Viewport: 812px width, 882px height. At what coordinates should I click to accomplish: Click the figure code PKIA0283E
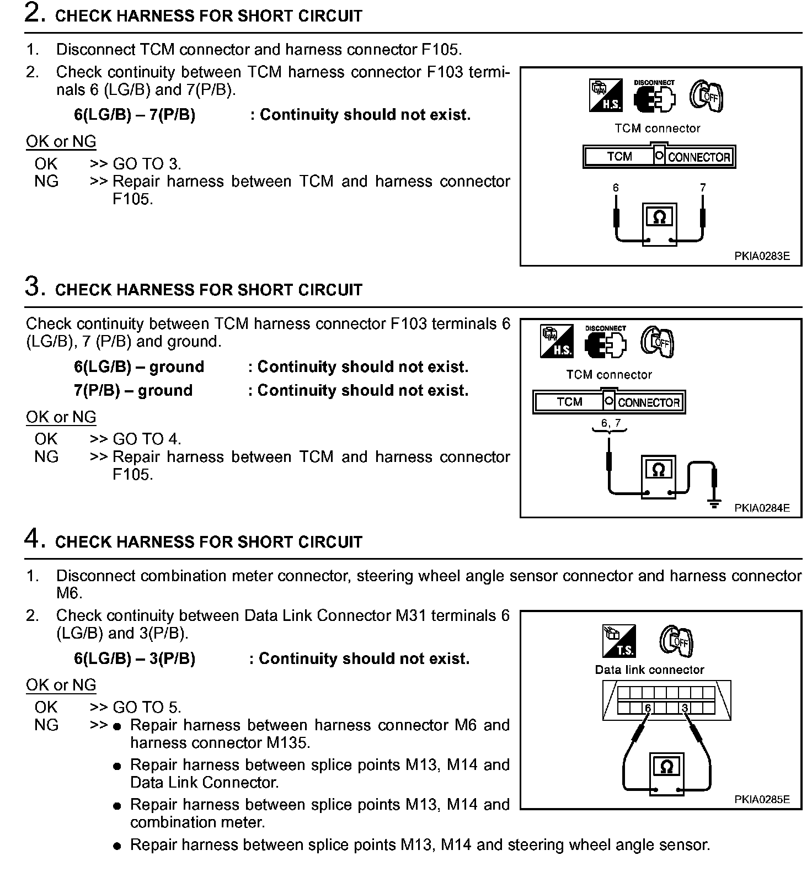[762, 256]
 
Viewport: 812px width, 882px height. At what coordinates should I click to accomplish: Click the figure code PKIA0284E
[762, 508]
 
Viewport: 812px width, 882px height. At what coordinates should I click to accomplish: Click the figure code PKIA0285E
[762, 799]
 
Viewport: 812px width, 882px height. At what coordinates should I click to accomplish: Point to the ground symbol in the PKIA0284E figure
[714, 503]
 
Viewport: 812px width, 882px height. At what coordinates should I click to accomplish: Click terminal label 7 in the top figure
[703, 188]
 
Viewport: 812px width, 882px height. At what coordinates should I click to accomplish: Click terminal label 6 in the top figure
[616, 188]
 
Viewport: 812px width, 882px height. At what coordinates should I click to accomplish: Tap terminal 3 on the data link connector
[685, 708]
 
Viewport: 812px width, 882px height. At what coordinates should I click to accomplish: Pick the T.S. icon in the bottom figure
[619, 641]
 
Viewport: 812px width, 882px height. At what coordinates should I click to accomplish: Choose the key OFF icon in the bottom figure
[676, 641]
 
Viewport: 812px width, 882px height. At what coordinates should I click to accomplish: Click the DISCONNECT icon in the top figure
[655, 97]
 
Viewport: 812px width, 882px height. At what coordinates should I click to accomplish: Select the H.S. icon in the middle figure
[556, 341]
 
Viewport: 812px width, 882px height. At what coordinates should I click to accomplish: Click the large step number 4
[34, 538]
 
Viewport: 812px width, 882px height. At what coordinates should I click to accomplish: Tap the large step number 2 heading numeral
[34, 13]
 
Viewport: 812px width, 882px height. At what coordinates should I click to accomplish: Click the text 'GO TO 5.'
[147, 707]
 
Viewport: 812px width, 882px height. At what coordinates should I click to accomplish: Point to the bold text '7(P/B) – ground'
[133, 390]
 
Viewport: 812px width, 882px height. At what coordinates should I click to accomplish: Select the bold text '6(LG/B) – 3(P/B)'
[135, 658]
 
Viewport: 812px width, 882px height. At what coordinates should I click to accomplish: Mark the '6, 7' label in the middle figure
[611, 423]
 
